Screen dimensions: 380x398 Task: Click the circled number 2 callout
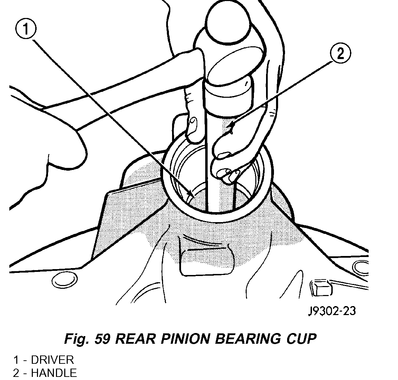click(x=340, y=54)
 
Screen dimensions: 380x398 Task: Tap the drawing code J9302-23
click(x=332, y=311)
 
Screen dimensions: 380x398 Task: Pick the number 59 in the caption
click(x=102, y=339)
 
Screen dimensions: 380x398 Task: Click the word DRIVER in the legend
click(x=52, y=360)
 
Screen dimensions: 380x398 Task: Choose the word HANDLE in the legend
click(x=54, y=373)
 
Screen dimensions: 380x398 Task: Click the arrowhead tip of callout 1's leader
click(x=191, y=197)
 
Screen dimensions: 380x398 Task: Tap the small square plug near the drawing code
click(x=320, y=287)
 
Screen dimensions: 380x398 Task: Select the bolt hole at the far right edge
click(x=361, y=266)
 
